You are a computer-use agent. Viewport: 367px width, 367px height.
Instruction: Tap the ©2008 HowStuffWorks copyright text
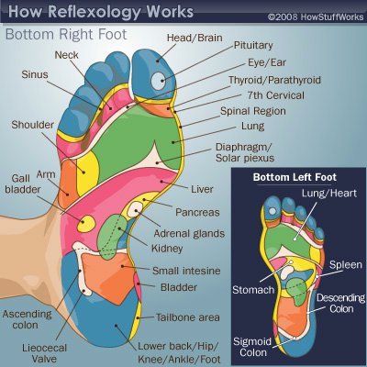[313, 16]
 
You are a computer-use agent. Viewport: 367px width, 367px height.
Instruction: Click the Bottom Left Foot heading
[296, 174]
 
